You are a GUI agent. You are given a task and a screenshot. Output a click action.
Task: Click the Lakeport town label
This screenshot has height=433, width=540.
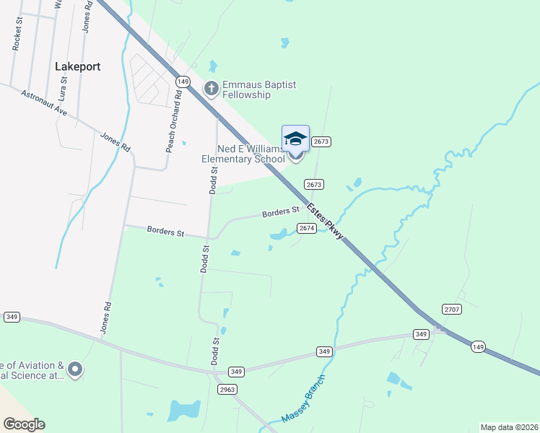coord(77,66)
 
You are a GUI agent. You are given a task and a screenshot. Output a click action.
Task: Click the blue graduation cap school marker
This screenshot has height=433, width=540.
coord(295,138)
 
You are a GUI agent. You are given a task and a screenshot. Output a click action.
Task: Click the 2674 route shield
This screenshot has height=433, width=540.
coord(307,228)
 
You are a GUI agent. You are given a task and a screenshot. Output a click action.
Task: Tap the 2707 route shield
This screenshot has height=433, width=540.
coord(452,309)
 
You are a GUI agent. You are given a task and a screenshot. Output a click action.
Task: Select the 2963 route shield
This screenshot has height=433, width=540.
coord(227,389)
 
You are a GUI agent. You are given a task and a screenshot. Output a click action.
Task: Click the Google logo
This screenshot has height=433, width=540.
coord(24,424)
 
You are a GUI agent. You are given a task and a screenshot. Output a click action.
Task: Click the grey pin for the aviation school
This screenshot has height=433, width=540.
coord(74,370)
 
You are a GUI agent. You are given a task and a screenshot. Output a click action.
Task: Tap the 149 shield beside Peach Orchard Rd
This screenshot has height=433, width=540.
coord(183,82)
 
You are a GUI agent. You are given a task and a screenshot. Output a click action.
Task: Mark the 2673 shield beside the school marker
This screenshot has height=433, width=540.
coord(321,141)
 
